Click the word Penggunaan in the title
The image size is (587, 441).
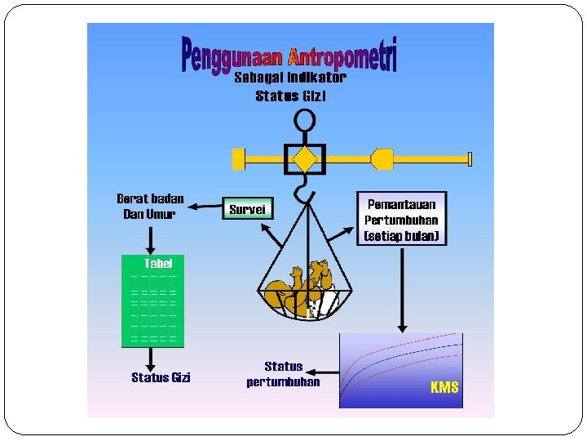click(x=232, y=55)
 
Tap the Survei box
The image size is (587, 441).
click(x=247, y=210)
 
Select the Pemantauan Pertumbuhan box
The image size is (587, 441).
click(x=402, y=219)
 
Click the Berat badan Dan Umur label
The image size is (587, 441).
click(x=151, y=206)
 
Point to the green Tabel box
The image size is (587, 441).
click(x=152, y=301)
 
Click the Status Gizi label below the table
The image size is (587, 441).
click(x=161, y=377)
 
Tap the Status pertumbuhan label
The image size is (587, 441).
click(x=283, y=374)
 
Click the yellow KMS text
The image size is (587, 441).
click(x=444, y=387)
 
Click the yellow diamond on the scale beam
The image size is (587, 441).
click(x=305, y=158)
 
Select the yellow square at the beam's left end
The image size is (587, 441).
click(x=238, y=158)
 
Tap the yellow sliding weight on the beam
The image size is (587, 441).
click(x=382, y=158)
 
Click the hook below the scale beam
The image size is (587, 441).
click(x=302, y=190)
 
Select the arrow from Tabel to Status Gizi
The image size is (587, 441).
click(x=151, y=358)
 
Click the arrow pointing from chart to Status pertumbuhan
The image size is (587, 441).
click(x=330, y=373)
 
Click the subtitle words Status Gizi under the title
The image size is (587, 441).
click(x=291, y=96)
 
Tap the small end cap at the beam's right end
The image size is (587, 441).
click(x=470, y=158)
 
